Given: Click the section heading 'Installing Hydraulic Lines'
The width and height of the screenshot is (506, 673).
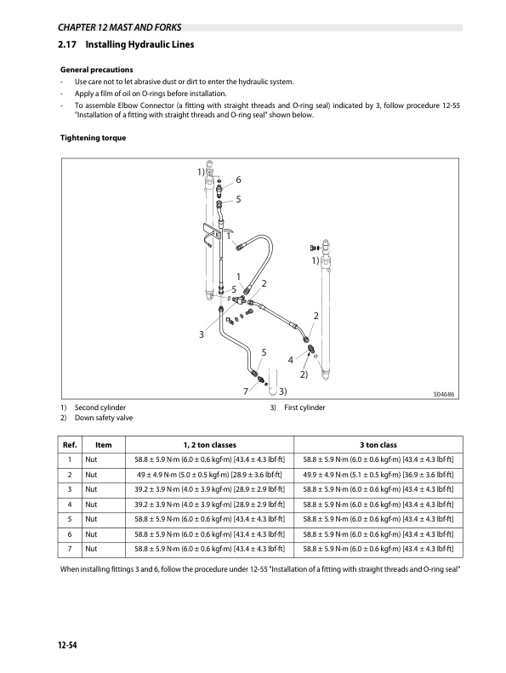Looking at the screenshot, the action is [x=139, y=44].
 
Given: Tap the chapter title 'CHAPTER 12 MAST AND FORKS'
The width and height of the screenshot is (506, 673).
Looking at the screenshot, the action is [x=119, y=27].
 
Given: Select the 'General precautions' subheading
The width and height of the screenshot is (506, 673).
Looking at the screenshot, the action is [x=97, y=70].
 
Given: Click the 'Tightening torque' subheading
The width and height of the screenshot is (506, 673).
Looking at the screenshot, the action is [x=94, y=138].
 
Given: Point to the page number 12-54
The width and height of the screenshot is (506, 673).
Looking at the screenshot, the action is [x=67, y=645].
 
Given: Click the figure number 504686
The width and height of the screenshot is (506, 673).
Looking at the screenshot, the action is [x=444, y=394].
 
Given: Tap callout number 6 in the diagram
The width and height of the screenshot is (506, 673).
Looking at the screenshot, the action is [x=238, y=180].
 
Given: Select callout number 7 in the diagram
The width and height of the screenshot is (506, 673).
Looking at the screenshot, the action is [x=246, y=391].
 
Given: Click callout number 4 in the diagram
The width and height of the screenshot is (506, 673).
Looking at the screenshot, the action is [x=291, y=360].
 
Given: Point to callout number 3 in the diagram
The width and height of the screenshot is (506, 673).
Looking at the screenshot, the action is [x=201, y=334].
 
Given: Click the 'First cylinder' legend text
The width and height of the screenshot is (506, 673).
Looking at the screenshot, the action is [x=304, y=408].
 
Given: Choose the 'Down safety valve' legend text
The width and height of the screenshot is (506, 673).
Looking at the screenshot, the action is [x=104, y=418].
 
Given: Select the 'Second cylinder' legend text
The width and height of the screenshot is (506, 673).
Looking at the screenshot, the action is [x=100, y=408].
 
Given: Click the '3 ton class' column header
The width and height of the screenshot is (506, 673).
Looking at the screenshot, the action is [x=378, y=445].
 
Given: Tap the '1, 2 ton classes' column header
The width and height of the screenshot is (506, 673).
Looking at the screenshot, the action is [x=210, y=445].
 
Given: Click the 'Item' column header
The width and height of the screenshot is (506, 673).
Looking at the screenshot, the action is [x=104, y=445].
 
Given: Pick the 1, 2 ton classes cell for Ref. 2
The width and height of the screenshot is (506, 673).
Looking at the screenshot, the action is [x=209, y=475].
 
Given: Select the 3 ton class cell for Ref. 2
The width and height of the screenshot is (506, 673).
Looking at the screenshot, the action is [x=378, y=475].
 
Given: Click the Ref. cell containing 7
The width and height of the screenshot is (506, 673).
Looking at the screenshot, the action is [x=70, y=549].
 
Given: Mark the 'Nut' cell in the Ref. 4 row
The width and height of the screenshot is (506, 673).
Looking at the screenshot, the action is [x=91, y=505].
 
